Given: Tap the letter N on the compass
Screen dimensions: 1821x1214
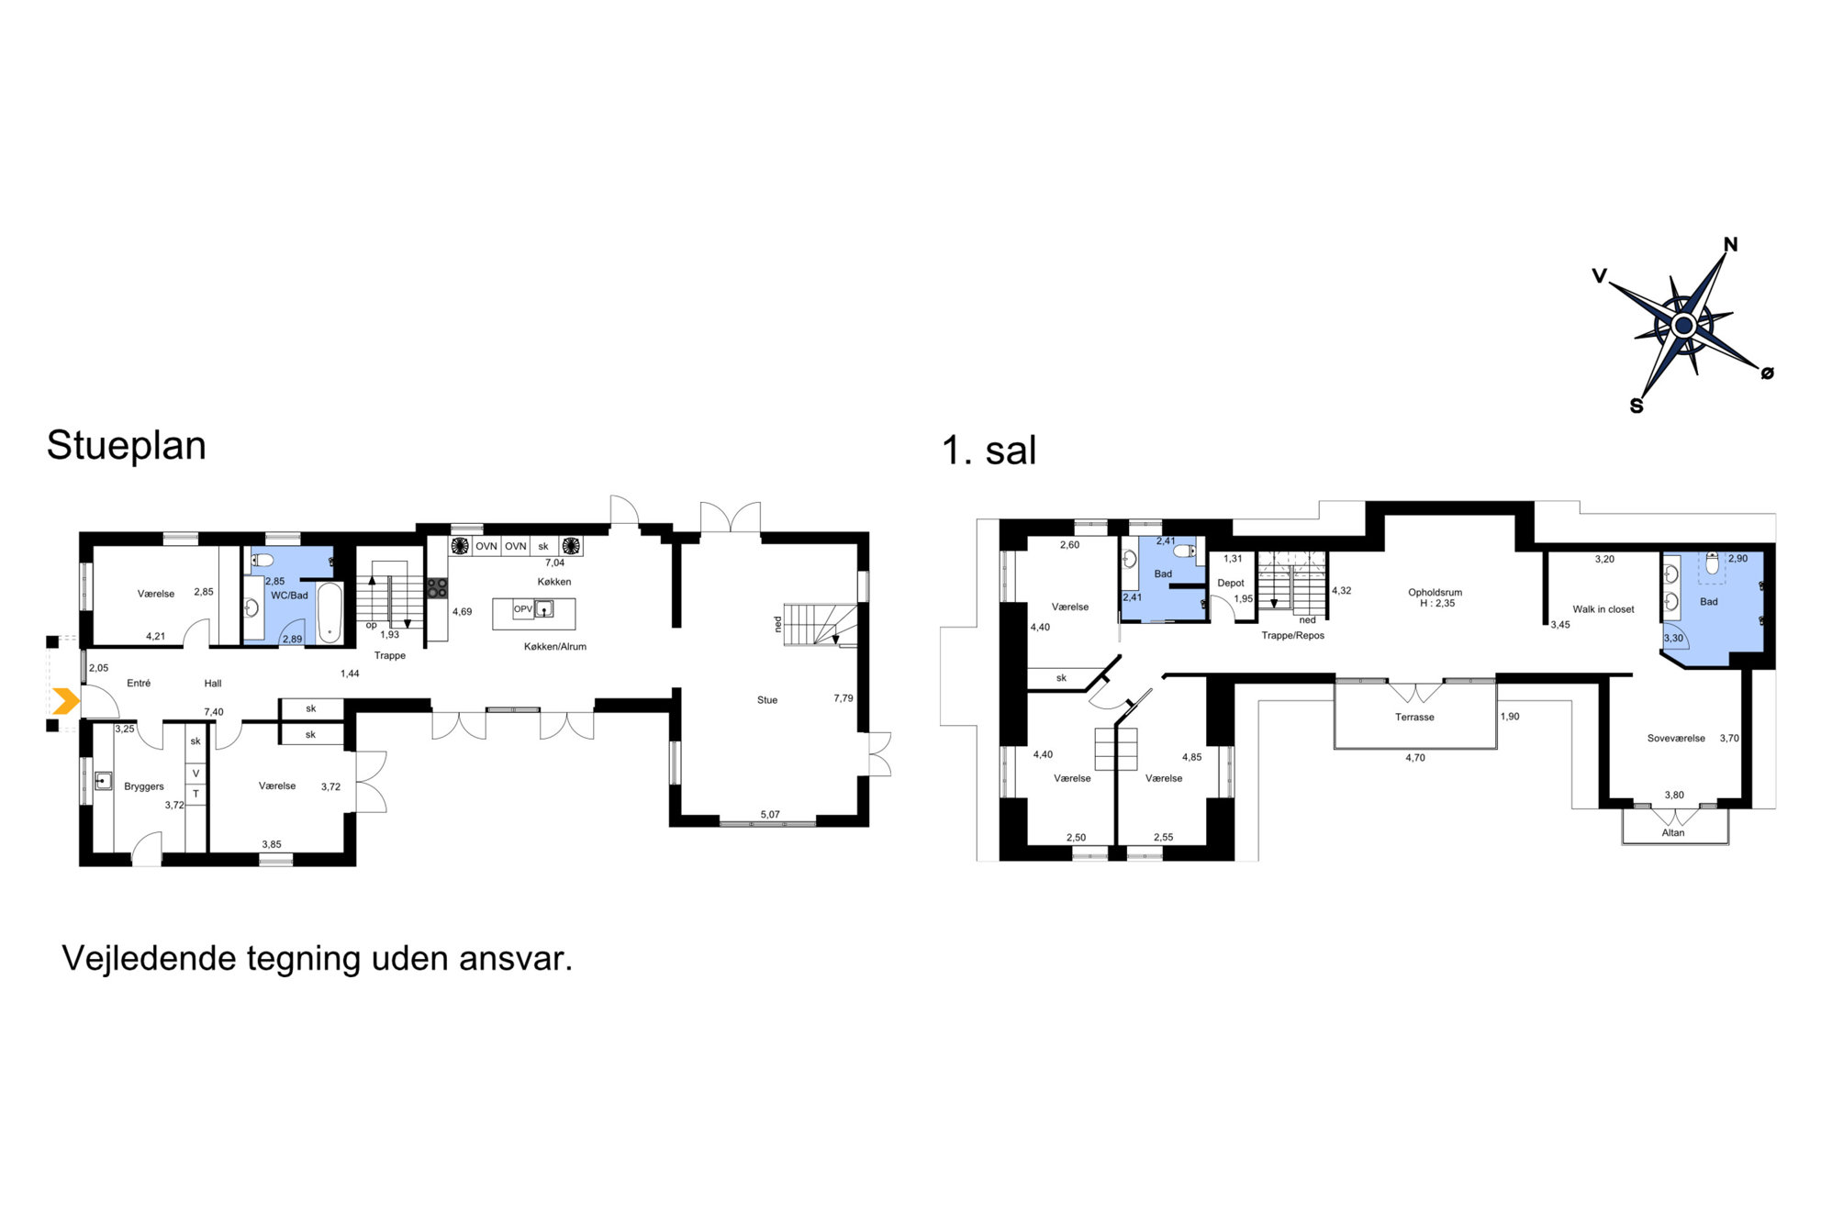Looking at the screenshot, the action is [1730, 244].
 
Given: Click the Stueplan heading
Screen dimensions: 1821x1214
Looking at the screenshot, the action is [127, 446].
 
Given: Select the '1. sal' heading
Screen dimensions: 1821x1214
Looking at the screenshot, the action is [989, 451].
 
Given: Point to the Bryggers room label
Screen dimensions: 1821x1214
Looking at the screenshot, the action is [144, 786].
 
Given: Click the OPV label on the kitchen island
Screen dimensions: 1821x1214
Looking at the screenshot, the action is [523, 609].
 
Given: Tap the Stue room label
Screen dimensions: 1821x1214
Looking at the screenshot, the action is [767, 700].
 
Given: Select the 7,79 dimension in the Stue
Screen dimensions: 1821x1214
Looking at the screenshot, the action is [843, 698].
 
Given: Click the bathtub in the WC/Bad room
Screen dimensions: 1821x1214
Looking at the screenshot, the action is [330, 612].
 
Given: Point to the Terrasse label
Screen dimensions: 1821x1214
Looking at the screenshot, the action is [1414, 718].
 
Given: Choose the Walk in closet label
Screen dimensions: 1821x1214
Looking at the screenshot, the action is [1603, 609].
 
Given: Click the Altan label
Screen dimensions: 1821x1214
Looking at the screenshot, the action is [1673, 833].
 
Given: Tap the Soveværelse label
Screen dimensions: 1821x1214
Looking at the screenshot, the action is [1676, 739].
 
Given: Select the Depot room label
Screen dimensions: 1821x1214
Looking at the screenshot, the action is [1231, 584].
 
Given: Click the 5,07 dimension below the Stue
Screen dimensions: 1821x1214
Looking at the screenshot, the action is [770, 815].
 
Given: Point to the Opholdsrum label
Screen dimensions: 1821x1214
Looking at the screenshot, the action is [1436, 593].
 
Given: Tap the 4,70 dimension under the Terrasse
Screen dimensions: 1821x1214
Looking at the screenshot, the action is [1415, 758].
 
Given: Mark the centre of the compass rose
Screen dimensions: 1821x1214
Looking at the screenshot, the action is [1683, 325].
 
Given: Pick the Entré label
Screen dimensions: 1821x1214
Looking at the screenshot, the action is [139, 684].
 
